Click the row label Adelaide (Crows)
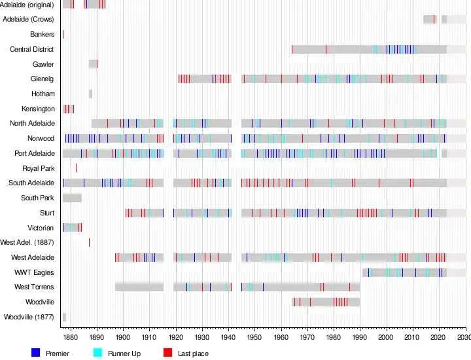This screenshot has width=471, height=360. pyautogui.click(x=28, y=20)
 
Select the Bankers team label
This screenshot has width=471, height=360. pyautogui.click(x=42, y=34)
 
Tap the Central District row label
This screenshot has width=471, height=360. pyautogui.click(x=32, y=49)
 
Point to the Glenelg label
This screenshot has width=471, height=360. pyautogui.click(x=42, y=79)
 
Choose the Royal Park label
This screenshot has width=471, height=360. pyautogui.click(x=38, y=168)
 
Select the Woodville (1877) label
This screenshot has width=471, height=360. pyautogui.click(x=29, y=317)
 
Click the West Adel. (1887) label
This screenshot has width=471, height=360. pyautogui.click(x=27, y=242)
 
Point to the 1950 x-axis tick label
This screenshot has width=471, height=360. pyautogui.click(x=254, y=337)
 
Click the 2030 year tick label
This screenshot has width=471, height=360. pyautogui.click(x=464, y=337)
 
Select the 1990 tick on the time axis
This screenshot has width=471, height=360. pyautogui.click(x=360, y=337)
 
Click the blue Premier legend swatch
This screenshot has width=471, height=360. pyautogui.click(x=36, y=353)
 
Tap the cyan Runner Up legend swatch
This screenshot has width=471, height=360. pyautogui.click(x=98, y=353)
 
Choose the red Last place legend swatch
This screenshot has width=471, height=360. pyautogui.click(x=167, y=353)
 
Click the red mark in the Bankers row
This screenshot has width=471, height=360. pyautogui.click(x=63, y=34)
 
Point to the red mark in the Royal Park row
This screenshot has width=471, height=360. pyautogui.click(x=76, y=168)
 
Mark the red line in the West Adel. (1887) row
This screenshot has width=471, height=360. pyautogui.click(x=89, y=242)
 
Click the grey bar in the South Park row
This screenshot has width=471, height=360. pyautogui.click(x=72, y=198)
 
